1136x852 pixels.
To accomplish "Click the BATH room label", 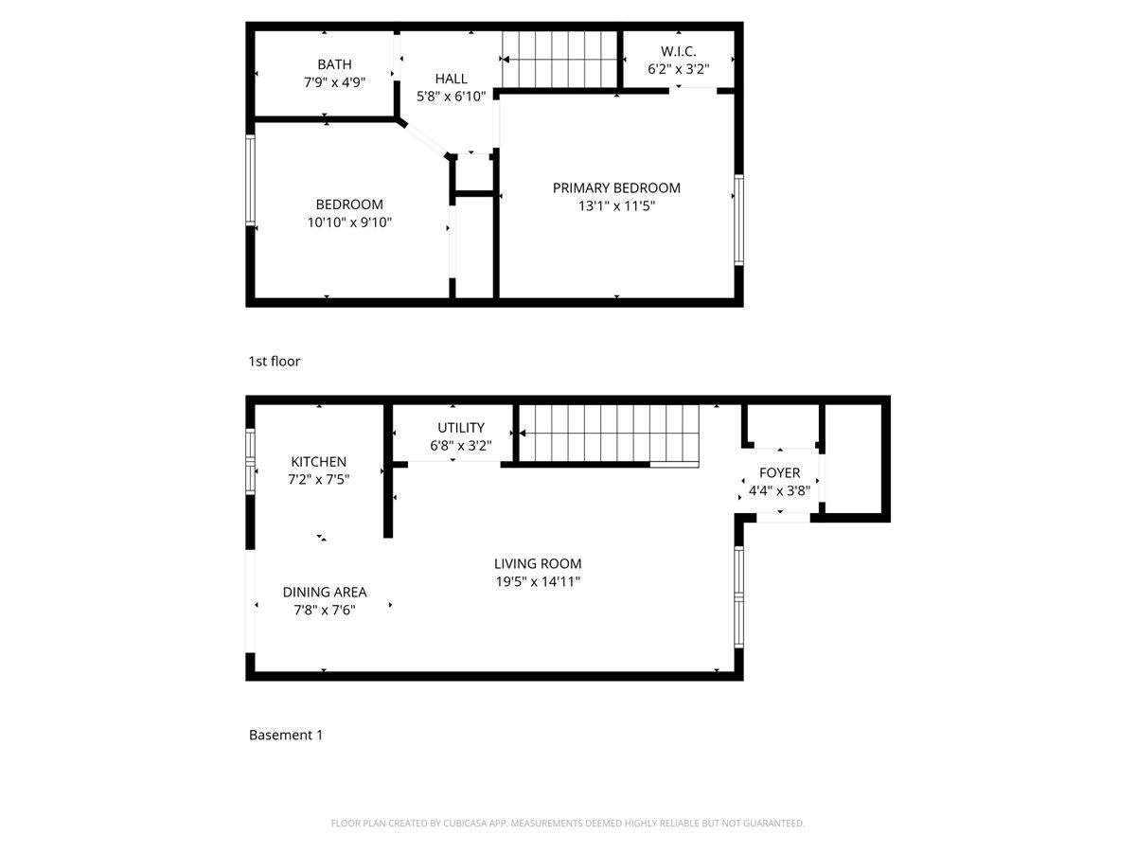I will click(334, 64).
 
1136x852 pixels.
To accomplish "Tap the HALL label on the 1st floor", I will click(452, 79).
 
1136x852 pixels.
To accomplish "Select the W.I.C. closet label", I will click(678, 51).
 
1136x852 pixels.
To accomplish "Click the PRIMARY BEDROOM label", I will click(616, 187).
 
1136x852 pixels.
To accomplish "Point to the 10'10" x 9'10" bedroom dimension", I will click(349, 222).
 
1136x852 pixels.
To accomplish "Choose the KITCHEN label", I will click(318, 461).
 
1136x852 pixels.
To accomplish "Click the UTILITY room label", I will click(461, 427).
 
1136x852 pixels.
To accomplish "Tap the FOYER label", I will click(779, 472).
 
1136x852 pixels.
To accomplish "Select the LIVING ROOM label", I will click(538, 563).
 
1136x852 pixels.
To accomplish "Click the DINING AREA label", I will click(325, 592).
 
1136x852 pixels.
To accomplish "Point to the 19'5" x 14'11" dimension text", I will click(538, 581).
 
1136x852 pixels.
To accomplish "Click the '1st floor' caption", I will click(275, 361).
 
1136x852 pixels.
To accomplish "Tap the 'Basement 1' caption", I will click(286, 735).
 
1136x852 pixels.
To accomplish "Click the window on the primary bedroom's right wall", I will click(738, 219).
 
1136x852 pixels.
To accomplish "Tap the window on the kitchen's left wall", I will click(251, 462).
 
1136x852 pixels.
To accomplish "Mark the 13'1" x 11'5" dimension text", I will click(616, 205).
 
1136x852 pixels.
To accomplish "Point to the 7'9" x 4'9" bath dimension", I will click(334, 82).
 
